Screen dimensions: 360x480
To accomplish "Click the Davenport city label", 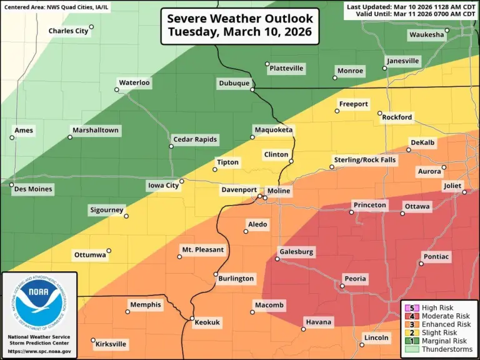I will point(239,189).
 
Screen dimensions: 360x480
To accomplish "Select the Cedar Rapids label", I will point(196,139).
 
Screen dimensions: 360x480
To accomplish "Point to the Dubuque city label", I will point(234,83).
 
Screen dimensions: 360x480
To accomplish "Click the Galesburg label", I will point(297,252).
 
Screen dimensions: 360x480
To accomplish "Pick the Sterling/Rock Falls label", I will point(369,160).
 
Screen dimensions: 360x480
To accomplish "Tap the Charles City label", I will point(68,31).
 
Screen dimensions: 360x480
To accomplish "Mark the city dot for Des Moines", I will point(11,185).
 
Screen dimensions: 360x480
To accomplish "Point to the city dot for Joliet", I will point(464,192).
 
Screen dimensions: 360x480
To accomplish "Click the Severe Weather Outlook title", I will point(240,26).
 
